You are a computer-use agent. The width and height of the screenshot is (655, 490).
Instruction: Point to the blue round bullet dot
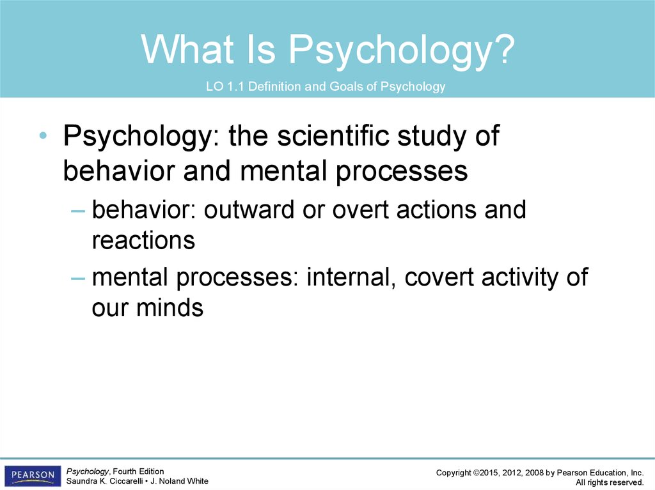pyautogui.click(x=43, y=135)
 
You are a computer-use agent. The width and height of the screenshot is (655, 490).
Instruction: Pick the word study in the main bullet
pyautogui.click(x=432, y=136)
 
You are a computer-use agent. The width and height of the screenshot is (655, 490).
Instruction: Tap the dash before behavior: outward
pyautogui.click(x=78, y=211)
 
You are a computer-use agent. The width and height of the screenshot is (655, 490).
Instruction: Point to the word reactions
pyautogui.click(x=143, y=241)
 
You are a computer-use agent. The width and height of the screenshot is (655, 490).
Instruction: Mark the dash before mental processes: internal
pyautogui.click(x=78, y=278)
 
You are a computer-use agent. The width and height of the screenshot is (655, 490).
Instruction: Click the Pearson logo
pyautogui.click(x=33, y=476)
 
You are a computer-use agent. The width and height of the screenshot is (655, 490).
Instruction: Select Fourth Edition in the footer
pyautogui.click(x=138, y=471)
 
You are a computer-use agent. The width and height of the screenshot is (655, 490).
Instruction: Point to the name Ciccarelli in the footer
pyautogui.click(x=125, y=481)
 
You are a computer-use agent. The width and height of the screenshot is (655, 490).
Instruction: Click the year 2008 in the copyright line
pyautogui.click(x=534, y=473)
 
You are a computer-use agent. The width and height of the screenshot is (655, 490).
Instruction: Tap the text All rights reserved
pyautogui.click(x=610, y=482)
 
